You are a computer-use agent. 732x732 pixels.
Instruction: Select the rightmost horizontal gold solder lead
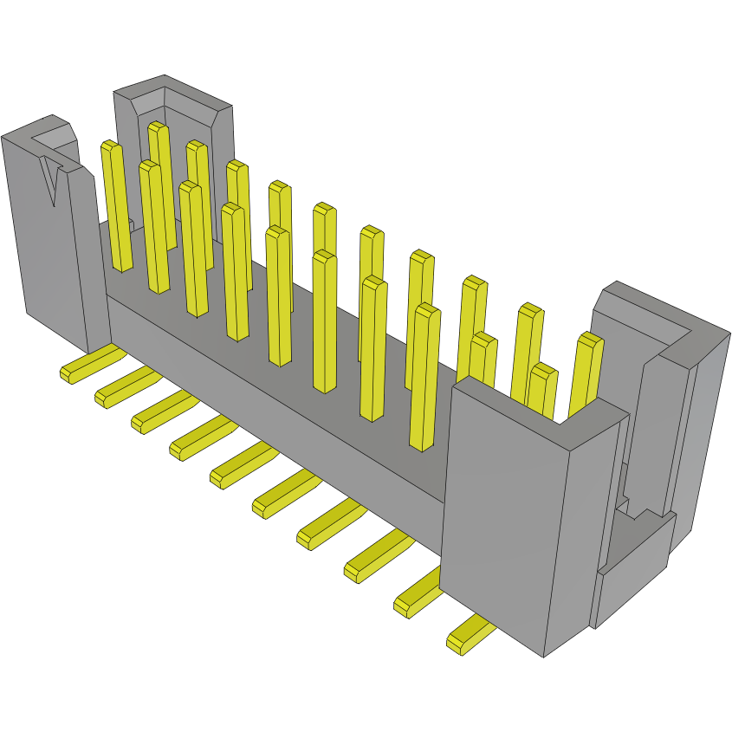tap(468, 637)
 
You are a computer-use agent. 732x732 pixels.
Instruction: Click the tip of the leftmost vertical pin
tap(110, 146)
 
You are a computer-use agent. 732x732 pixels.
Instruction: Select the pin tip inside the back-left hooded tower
tap(158, 127)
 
